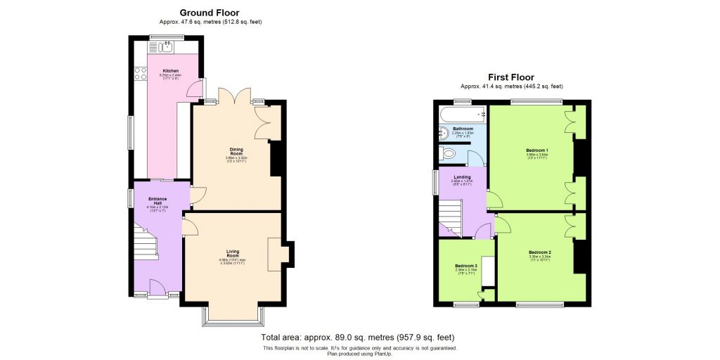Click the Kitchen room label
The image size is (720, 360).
[x=171, y=71]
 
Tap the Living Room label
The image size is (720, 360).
[x=233, y=252]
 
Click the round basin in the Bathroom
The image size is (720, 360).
[x=445, y=134]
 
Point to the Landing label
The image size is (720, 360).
[x=461, y=176]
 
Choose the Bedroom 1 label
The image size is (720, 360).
[x=536, y=150]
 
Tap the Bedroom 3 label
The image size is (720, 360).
[x=465, y=266]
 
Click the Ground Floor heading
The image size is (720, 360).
[x=209, y=13]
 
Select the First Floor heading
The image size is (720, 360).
[x=511, y=77]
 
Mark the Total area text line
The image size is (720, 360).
[x=359, y=337]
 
